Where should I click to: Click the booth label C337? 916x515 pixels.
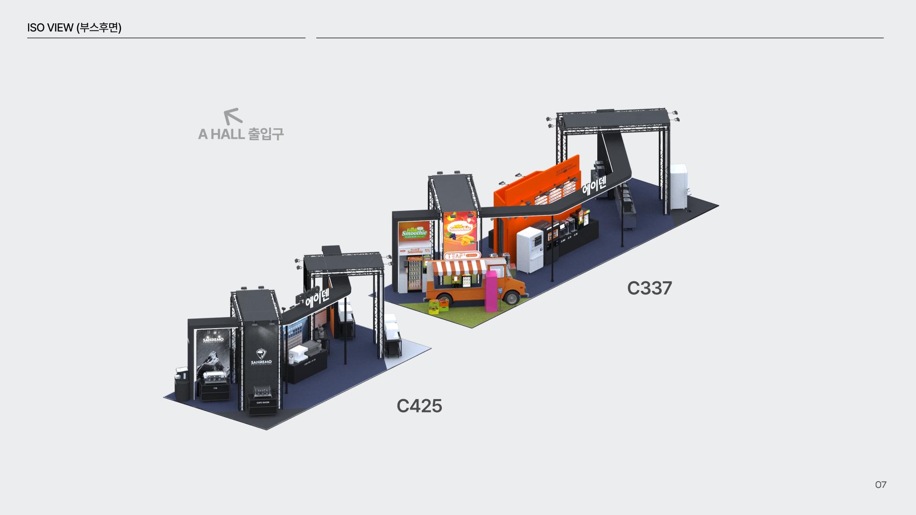tap(649, 288)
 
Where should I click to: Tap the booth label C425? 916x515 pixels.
tap(419, 406)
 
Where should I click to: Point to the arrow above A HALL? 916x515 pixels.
tap(232, 116)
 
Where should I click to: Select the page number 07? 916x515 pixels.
tap(881, 484)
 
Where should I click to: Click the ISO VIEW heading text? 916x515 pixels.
tap(74, 28)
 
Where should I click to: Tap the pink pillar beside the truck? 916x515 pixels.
tap(491, 291)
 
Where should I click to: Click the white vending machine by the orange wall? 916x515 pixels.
tap(530, 249)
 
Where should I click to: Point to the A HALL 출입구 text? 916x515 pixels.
tap(241, 134)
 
